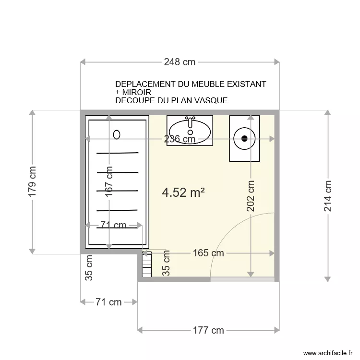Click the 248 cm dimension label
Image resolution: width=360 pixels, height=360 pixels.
pyautogui.click(x=180, y=62)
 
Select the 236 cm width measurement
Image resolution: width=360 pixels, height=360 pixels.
pyautogui.click(x=180, y=139)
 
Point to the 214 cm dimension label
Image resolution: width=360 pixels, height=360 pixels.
pyautogui.click(x=328, y=196)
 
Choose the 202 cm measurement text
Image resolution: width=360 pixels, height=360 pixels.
pyautogui.click(x=251, y=196)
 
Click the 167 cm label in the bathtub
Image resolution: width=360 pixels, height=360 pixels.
pyautogui.click(x=110, y=182)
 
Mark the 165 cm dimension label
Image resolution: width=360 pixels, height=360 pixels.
pyautogui.click(x=208, y=253)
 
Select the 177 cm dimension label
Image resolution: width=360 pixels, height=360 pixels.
pyautogui.click(x=208, y=330)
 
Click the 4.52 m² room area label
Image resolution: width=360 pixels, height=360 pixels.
pyautogui.click(x=184, y=192)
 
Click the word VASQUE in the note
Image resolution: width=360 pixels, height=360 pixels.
pyautogui.click(x=209, y=100)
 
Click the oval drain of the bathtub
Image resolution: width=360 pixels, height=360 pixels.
pyautogui.click(x=116, y=134)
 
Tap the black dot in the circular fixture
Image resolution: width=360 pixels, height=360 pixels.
pyautogui.click(x=244, y=139)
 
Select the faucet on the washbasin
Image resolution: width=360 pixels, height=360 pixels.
pyautogui.click(x=190, y=120)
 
